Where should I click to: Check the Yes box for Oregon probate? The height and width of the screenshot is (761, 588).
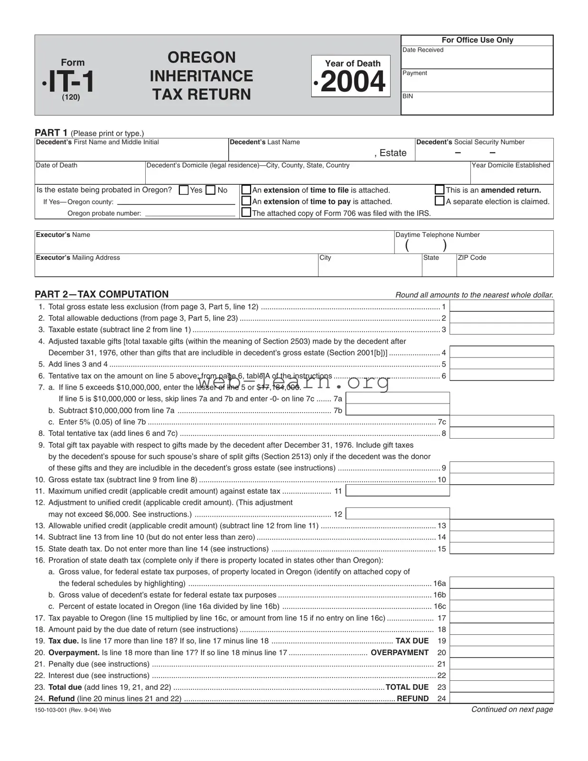pos(184,190)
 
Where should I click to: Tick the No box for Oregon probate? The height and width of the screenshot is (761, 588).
pos(211,190)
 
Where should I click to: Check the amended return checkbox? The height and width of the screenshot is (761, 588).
pos(439,189)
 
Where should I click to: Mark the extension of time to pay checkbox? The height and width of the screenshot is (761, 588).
pos(246,201)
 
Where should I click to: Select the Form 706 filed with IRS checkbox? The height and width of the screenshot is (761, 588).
pos(246,212)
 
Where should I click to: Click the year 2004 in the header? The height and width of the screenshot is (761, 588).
pos(353,82)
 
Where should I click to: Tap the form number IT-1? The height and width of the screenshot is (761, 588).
pos(71,81)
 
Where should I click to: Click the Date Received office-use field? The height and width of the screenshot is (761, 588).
pos(477,60)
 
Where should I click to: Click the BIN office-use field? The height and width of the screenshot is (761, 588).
pos(477,106)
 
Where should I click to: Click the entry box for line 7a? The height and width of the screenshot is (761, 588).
pos(398,398)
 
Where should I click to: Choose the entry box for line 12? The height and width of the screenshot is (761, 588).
pos(398,514)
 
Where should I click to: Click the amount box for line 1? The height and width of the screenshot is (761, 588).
pos(501,306)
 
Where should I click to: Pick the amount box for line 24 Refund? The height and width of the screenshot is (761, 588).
pos(501,698)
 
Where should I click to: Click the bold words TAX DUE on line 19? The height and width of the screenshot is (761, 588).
pos(412,641)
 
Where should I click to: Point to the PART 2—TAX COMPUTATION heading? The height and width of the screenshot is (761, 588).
pos(102,294)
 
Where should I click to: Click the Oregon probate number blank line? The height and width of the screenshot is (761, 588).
pos(190,213)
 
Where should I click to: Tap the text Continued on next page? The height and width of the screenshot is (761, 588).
pos(512,709)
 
